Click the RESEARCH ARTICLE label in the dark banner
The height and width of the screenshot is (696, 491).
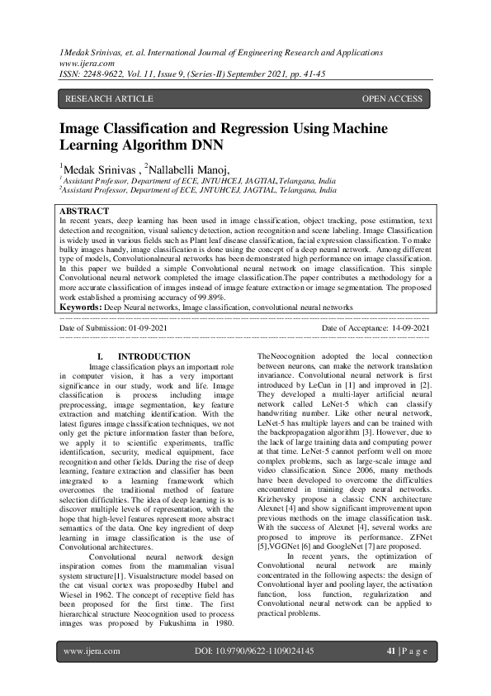click(x=109, y=99)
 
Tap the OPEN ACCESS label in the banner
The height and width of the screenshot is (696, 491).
click(x=392, y=99)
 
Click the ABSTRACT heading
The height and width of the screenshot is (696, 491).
click(x=85, y=212)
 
